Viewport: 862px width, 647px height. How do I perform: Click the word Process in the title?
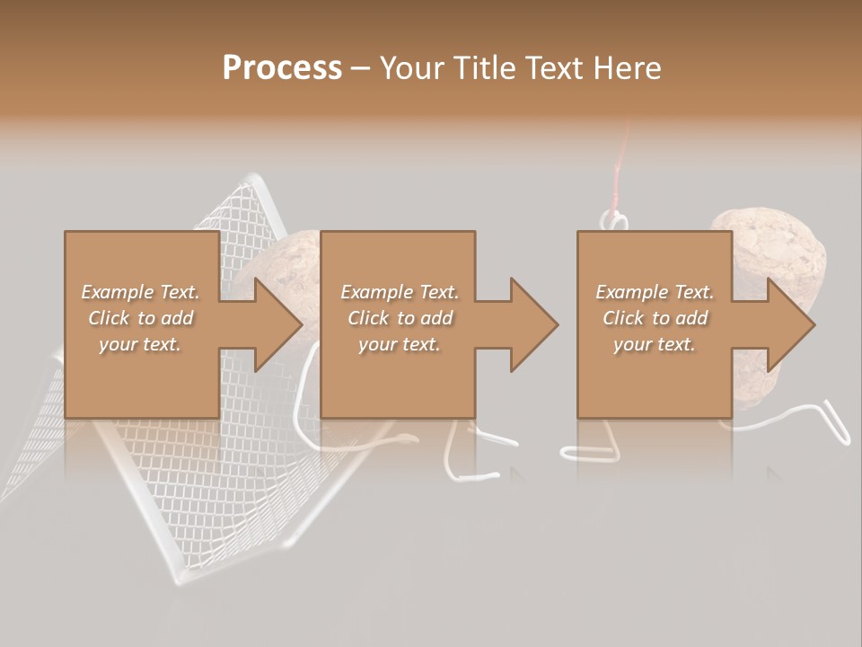pos(282,68)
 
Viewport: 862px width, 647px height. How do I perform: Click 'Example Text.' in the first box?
pos(140,292)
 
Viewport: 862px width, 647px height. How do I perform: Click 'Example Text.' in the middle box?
pos(400,292)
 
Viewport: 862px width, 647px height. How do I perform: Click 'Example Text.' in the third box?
pos(655,292)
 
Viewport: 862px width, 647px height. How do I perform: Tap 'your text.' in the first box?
pos(140,344)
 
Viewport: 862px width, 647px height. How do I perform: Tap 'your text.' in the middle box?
pos(400,344)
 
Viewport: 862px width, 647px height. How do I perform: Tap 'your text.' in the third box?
pos(655,344)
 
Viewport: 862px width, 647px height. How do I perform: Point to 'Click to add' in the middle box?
pos(400,318)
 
